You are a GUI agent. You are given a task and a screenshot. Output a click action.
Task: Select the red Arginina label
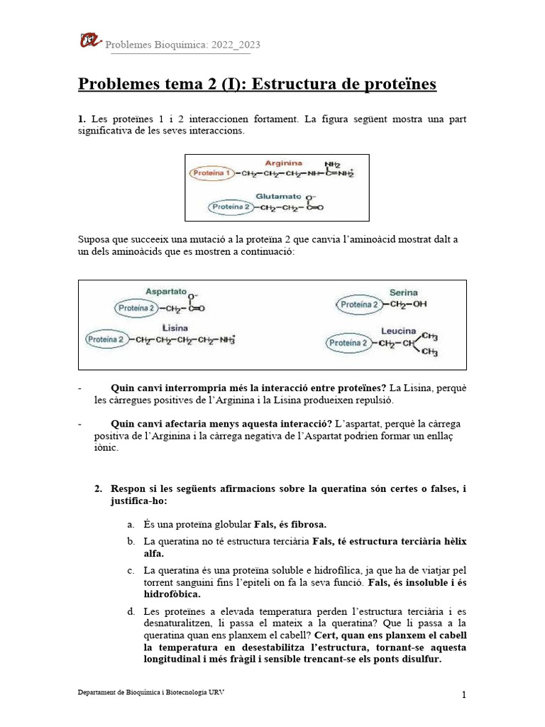[283, 163]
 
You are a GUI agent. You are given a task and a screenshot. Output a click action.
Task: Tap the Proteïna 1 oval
[211, 173]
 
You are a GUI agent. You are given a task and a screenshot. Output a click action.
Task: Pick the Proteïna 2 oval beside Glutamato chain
[231, 207]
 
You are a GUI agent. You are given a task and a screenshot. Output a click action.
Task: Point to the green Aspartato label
[166, 291]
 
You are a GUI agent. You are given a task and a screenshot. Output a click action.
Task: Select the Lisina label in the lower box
[175, 327]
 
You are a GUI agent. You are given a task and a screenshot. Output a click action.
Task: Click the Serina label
[403, 292]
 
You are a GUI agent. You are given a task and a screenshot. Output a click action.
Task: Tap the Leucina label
[398, 331]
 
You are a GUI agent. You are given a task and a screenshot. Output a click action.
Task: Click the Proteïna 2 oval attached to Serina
[360, 305]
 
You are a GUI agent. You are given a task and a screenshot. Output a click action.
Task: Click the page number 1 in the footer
[464, 695]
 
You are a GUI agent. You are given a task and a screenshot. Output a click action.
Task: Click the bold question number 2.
[99, 489]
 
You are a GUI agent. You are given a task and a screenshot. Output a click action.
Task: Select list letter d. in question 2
[131, 611]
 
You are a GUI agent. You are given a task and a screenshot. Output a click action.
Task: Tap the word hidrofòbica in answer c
[172, 594]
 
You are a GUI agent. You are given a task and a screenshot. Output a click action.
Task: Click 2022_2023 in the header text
[235, 45]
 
